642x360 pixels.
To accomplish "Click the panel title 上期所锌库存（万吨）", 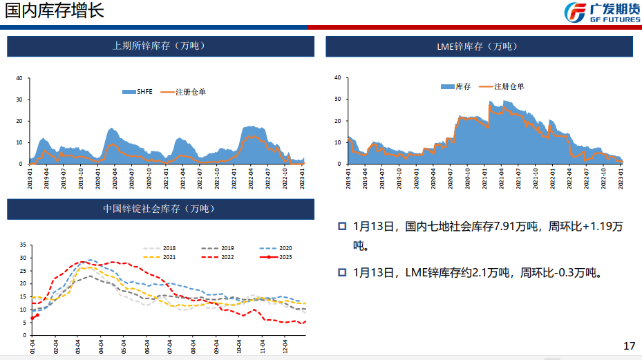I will pyautogui.click(x=160, y=46).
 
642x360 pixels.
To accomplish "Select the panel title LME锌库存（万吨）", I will pyautogui.click(x=478, y=46).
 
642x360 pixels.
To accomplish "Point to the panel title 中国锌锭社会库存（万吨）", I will pyautogui.click(x=160, y=209).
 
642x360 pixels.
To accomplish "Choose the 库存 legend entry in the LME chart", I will pyautogui.click(x=456, y=86).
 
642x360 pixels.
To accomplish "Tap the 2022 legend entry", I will pyautogui.click(x=220, y=257).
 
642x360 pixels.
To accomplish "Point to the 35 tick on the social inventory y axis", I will pyautogui.click(x=23, y=245).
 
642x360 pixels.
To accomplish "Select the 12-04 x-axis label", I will pyautogui.click(x=285, y=345).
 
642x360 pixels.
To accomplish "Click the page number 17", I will pyautogui.click(x=628, y=345).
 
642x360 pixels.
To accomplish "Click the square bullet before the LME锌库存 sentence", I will pyautogui.click(x=342, y=272).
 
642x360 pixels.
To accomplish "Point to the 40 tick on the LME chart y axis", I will pyautogui.click(x=337, y=78).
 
